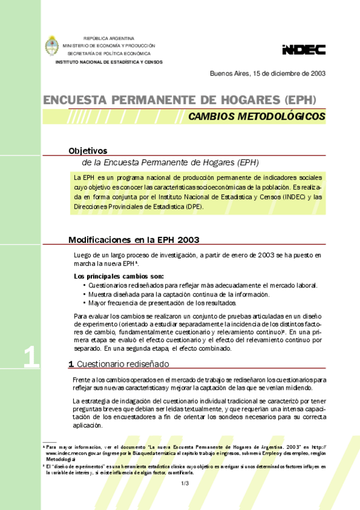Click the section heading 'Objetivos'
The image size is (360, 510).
(88, 151)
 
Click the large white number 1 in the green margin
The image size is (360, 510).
(31, 357)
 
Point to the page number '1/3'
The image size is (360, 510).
(185, 483)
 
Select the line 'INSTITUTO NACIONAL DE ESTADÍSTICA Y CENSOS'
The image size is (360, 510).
(109, 62)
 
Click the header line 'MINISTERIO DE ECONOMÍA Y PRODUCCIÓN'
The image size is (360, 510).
(109, 46)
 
